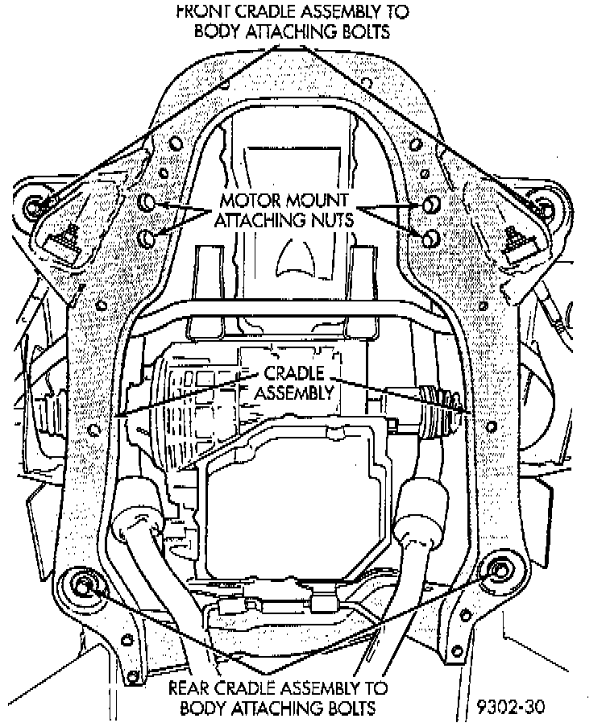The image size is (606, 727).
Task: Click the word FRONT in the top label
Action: point(205,12)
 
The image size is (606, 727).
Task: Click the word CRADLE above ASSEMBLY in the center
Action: point(295,373)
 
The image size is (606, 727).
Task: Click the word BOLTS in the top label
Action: point(364,32)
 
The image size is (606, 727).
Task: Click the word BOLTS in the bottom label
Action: point(350,709)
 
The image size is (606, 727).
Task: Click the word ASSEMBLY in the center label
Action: point(294,393)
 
